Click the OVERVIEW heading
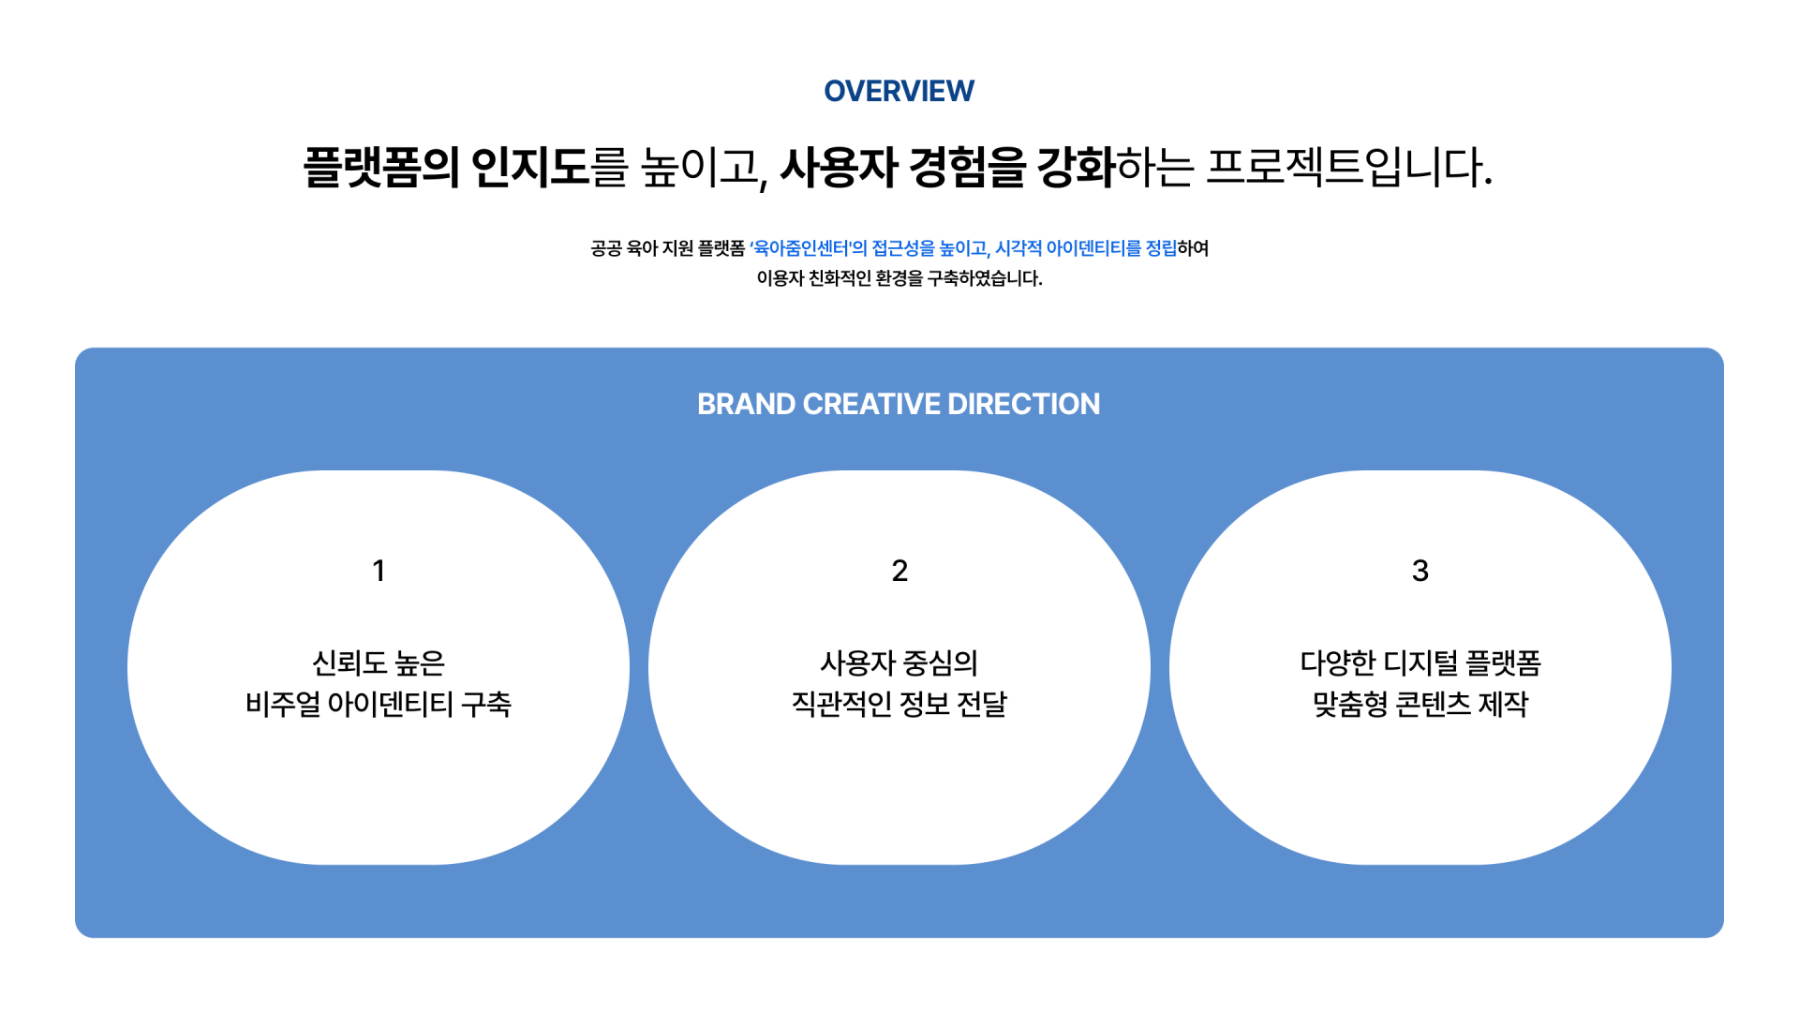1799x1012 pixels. [899, 91]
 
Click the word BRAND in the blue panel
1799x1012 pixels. [746, 404]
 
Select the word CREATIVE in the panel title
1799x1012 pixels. [871, 404]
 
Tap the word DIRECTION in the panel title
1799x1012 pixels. [1024, 404]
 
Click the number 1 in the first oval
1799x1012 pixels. [379, 571]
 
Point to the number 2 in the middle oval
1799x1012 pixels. [899, 571]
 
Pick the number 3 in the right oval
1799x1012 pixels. [1420, 571]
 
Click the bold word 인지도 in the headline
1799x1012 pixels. [530, 168]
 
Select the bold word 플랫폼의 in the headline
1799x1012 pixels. [381, 168]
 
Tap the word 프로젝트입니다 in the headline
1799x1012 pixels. [1348, 168]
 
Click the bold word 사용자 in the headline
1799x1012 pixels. [839, 168]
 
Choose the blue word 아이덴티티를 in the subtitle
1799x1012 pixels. [1093, 248]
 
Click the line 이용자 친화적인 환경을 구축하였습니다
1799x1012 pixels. [899, 278]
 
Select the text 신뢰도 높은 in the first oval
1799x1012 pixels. [379, 663]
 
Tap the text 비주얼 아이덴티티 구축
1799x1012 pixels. [379, 704]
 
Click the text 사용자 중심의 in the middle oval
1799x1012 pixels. [899, 663]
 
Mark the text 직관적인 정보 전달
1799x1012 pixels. [899, 704]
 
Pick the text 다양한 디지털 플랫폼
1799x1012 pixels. [1420, 663]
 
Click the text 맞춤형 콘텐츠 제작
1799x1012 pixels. [1420, 704]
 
